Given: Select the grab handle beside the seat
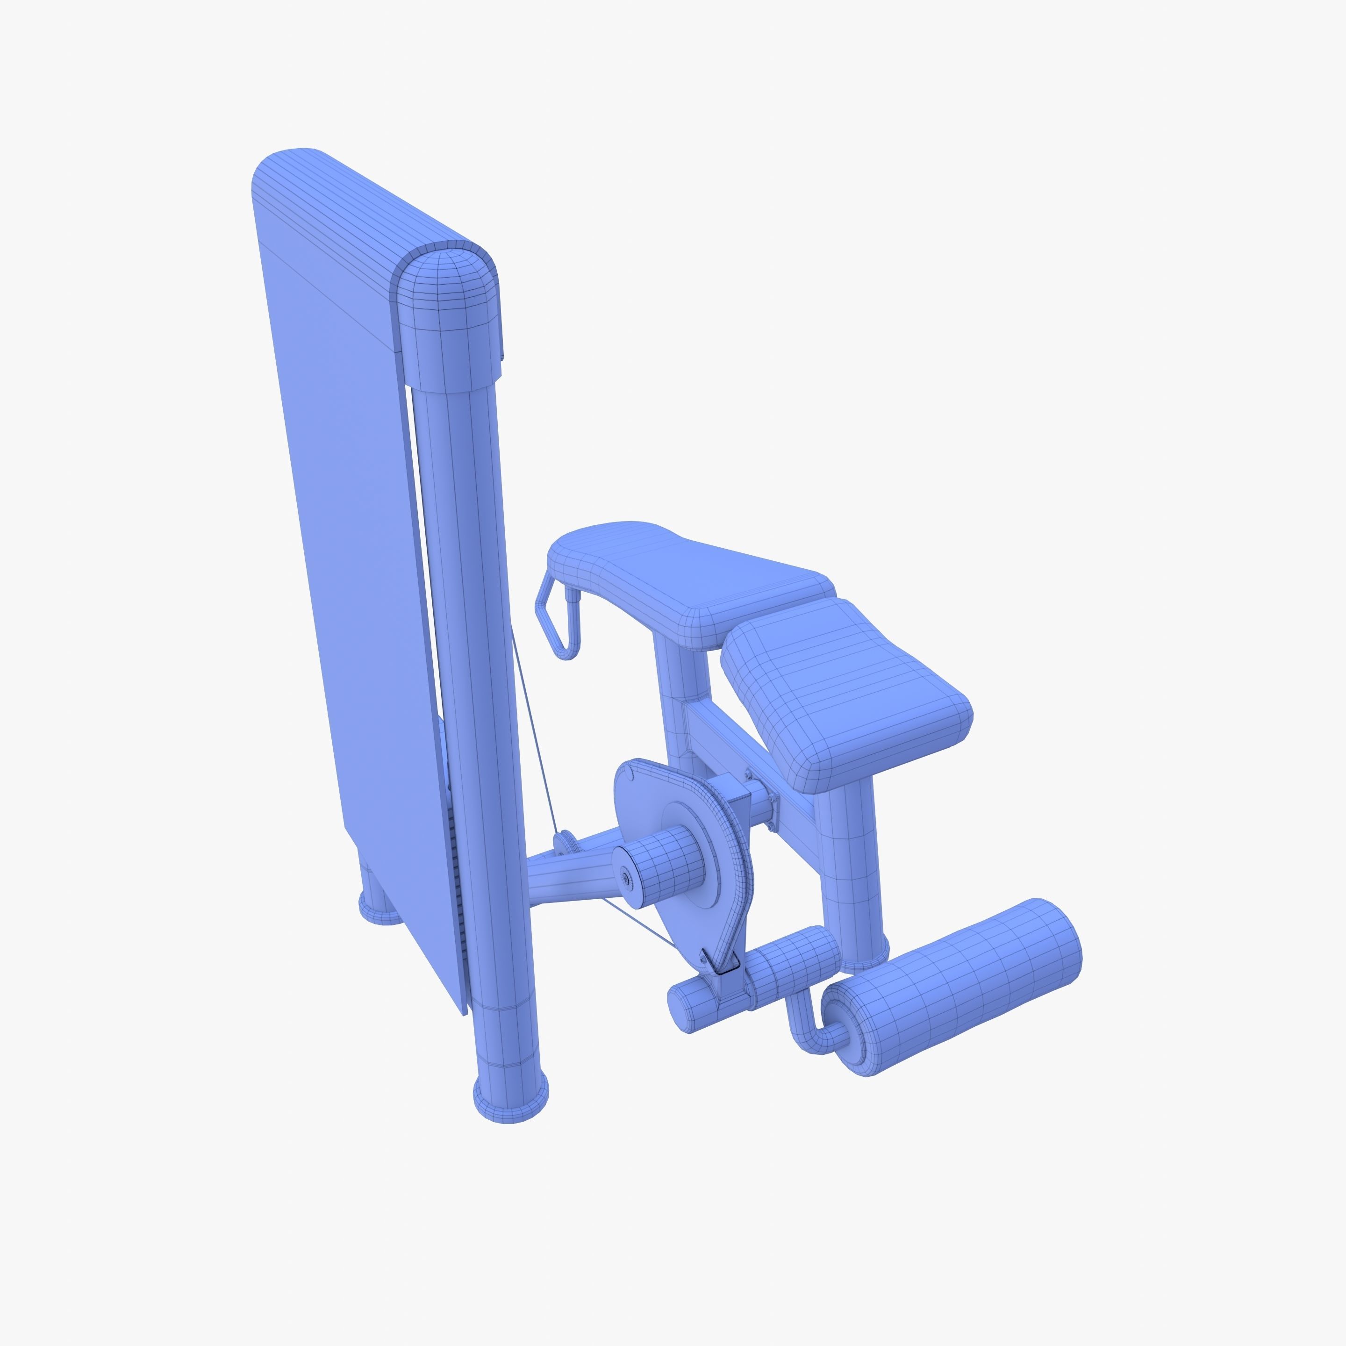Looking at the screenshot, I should pyautogui.click(x=558, y=620).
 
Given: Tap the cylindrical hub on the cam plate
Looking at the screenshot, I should pyautogui.click(x=662, y=864).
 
